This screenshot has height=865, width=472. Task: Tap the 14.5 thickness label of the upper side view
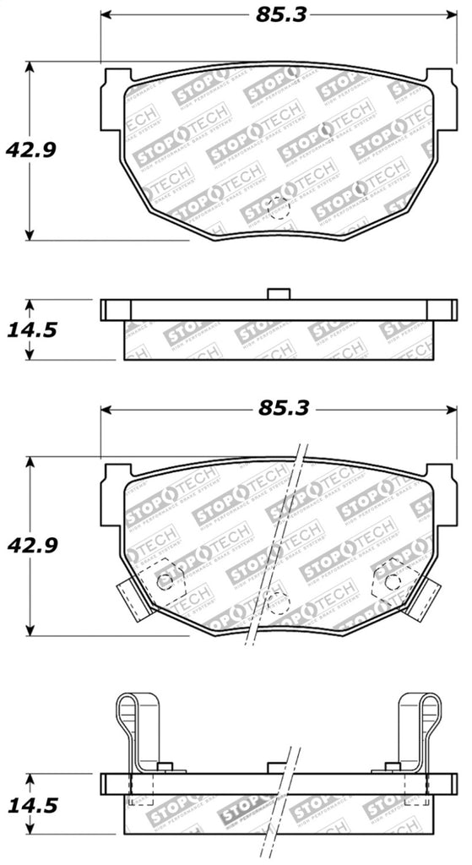pyautogui.click(x=30, y=329)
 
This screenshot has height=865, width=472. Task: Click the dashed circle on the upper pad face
pyautogui.click(x=276, y=208)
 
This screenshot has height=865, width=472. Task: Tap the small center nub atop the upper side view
pyautogui.click(x=276, y=293)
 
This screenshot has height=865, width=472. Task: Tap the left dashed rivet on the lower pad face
pyautogui.click(x=167, y=579)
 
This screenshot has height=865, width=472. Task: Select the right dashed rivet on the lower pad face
pyautogui.click(x=390, y=579)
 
